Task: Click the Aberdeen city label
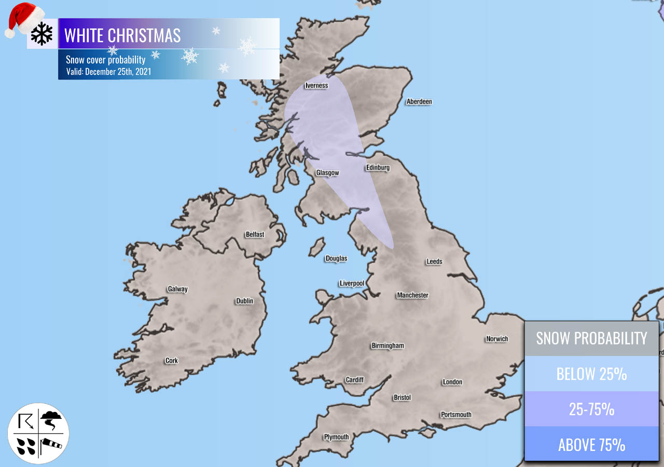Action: (x=419, y=102)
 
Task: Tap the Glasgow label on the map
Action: (x=327, y=173)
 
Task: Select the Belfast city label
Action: (x=255, y=235)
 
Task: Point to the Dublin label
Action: (x=244, y=301)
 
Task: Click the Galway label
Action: (x=177, y=289)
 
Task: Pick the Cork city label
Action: (x=171, y=361)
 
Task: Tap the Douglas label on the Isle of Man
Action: (x=336, y=258)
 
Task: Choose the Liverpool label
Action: (x=351, y=283)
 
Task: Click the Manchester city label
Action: (x=412, y=295)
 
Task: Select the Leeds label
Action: (x=434, y=262)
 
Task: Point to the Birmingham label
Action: (x=387, y=346)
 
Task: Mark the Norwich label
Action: (x=496, y=339)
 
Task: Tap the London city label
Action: (x=452, y=382)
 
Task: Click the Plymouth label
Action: (x=336, y=437)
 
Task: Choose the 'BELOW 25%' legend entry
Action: (x=591, y=374)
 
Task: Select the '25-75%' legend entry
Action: (x=591, y=409)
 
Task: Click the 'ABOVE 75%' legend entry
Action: (x=591, y=445)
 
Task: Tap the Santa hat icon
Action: (x=23, y=18)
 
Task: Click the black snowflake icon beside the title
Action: (x=42, y=34)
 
